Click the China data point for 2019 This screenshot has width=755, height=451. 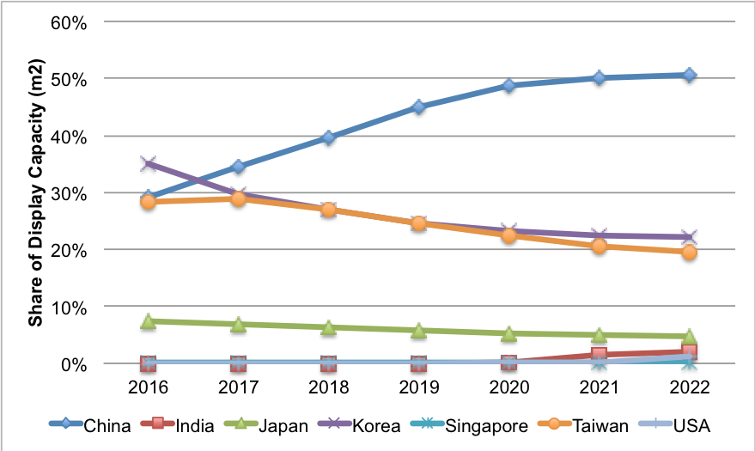pyautogui.click(x=418, y=107)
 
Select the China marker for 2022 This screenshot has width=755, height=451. pyautogui.click(x=688, y=76)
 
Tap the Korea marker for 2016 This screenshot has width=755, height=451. pyautogui.click(x=149, y=163)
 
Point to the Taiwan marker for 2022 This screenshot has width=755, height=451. pyautogui.click(x=688, y=253)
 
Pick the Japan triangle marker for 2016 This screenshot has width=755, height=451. pyautogui.click(x=149, y=321)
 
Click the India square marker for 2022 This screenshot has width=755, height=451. pyautogui.click(x=688, y=351)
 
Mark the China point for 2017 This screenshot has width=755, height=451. pyautogui.click(x=239, y=167)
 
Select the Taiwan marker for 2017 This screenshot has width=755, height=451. pyautogui.click(x=239, y=199)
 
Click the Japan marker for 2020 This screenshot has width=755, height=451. pyautogui.click(x=508, y=333)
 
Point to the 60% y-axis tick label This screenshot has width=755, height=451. pyautogui.click(x=68, y=21)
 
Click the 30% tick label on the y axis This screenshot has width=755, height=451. pyautogui.click(x=68, y=192)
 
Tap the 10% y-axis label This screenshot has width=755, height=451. pyautogui.click(x=68, y=307)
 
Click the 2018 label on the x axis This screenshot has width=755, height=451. pyautogui.click(x=328, y=387)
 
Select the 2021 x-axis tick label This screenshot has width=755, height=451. pyautogui.click(x=598, y=387)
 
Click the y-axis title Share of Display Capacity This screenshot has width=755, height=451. pyautogui.click(x=36, y=192)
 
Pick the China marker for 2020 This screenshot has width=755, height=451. pyautogui.click(x=508, y=86)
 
